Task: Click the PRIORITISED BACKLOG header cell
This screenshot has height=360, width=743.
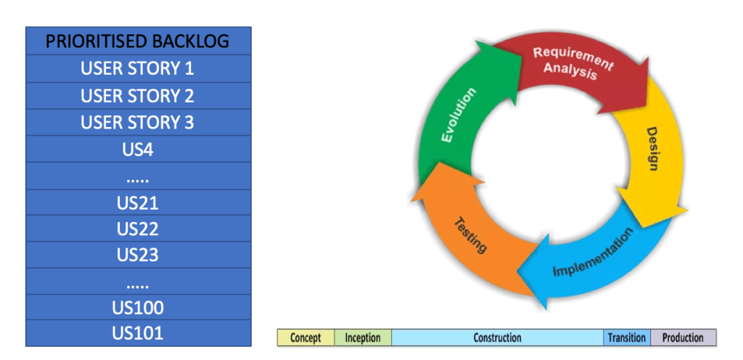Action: click(138, 41)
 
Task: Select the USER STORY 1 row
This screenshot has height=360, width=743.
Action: click(138, 68)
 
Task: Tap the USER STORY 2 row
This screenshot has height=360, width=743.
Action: click(138, 95)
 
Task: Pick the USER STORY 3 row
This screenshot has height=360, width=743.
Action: click(138, 122)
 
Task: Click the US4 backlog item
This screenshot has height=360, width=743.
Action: click(138, 149)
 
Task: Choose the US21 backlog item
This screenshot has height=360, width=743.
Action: click(138, 202)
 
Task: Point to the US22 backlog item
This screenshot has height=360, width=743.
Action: click(138, 229)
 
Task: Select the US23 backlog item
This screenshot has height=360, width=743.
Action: click(138, 255)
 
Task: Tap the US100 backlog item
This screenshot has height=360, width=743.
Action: click(138, 308)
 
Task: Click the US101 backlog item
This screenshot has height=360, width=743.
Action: click(138, 333)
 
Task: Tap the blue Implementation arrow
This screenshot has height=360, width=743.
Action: click(591, 261)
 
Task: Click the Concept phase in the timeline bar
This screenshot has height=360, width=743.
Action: click(305, 337)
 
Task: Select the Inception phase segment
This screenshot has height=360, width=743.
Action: click(363, 337)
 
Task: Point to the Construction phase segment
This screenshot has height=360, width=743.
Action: click(497, 337)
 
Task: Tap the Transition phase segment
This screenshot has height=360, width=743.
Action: click(627, 337)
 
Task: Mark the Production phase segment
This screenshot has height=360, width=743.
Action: click(683, 337)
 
